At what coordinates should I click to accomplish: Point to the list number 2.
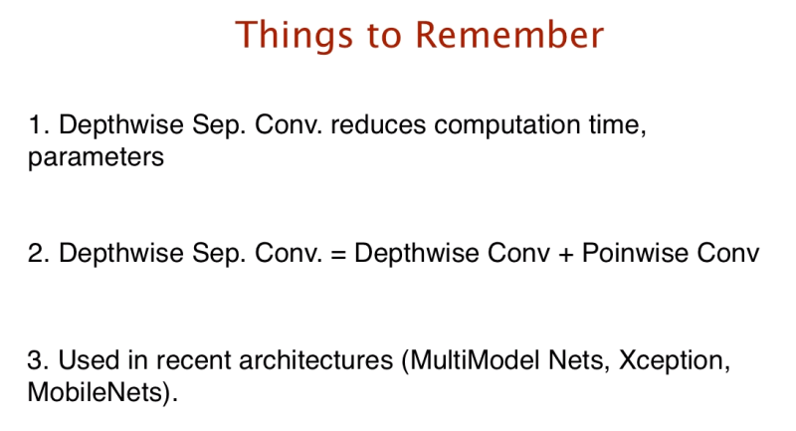click(x=36, y=254)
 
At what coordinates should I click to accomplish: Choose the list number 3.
click(x=36, y=358)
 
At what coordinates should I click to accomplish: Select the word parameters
click(x=96, y=158)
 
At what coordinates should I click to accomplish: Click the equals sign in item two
click(x=336, y=254)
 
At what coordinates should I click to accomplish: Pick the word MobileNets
click(x=99, y=389)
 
